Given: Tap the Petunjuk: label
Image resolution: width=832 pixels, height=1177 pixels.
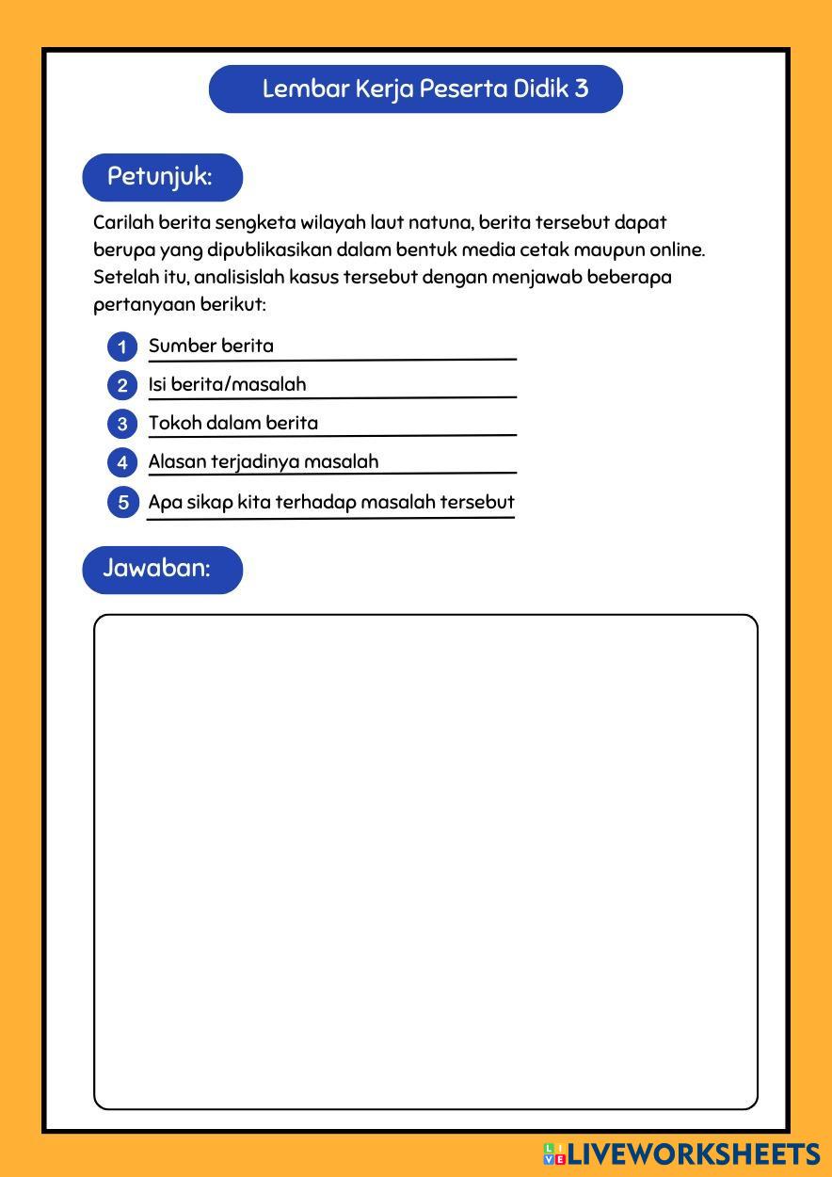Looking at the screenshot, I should tap(161, 177).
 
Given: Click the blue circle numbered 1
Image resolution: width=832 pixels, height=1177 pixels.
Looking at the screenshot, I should tap(122, 347).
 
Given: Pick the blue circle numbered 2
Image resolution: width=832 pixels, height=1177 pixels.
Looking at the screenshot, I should tap(122, 385).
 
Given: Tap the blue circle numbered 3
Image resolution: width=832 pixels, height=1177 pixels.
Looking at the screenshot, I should tap(122, 424).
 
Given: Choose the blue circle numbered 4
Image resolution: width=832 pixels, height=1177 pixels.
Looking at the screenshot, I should tap(122, 462).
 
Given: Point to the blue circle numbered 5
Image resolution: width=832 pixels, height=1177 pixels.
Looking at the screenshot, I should tap(122, 502).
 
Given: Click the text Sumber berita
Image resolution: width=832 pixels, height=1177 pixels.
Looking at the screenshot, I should tap(211, 346).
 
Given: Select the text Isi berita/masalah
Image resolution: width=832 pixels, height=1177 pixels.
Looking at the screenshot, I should tap(227, 384).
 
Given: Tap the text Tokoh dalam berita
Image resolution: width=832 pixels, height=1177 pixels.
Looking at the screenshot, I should tap(233, 423).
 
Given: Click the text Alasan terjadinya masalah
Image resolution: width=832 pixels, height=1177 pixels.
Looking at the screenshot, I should tap(264, 461).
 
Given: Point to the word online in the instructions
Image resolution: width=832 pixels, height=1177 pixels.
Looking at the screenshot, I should tap(676, 250).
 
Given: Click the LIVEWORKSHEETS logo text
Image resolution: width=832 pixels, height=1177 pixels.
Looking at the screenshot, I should tap(693, 1154).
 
